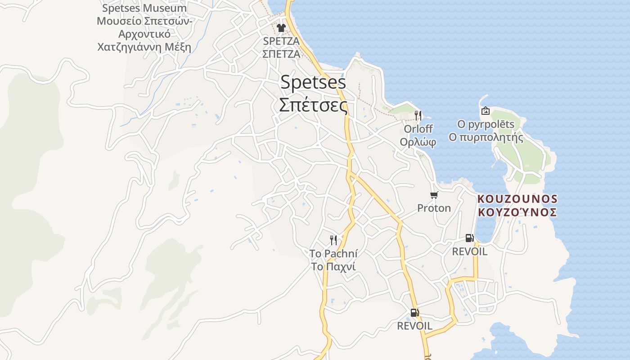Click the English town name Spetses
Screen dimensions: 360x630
click(313, 82)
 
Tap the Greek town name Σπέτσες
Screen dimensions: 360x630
click(313, 105)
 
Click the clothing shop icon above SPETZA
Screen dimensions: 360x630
click(281, 28)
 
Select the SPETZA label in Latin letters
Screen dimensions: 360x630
click(281, 41)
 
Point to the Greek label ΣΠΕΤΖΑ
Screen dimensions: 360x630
click(281, 54)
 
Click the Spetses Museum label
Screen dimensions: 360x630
click(144, 8)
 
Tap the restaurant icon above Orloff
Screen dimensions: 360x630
click(418, 115)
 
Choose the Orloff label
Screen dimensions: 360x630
click(418, 129)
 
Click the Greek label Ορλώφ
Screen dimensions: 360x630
click(418, 142)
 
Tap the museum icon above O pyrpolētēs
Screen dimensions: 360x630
click(486, 111)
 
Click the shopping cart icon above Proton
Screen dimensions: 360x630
click(434, 195)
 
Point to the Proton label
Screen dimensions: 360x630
click(434, 208)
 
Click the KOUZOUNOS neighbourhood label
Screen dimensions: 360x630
click(517, 199)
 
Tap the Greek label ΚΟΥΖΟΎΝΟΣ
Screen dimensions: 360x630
click(517, 212)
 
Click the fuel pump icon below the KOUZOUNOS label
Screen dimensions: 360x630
click(469, 238)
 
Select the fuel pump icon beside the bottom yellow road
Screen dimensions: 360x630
click(414, 312)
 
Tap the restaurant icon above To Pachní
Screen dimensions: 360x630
click(333, 240)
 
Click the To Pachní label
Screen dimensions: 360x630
click(333, 254)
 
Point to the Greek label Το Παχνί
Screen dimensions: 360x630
click(333, 266)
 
